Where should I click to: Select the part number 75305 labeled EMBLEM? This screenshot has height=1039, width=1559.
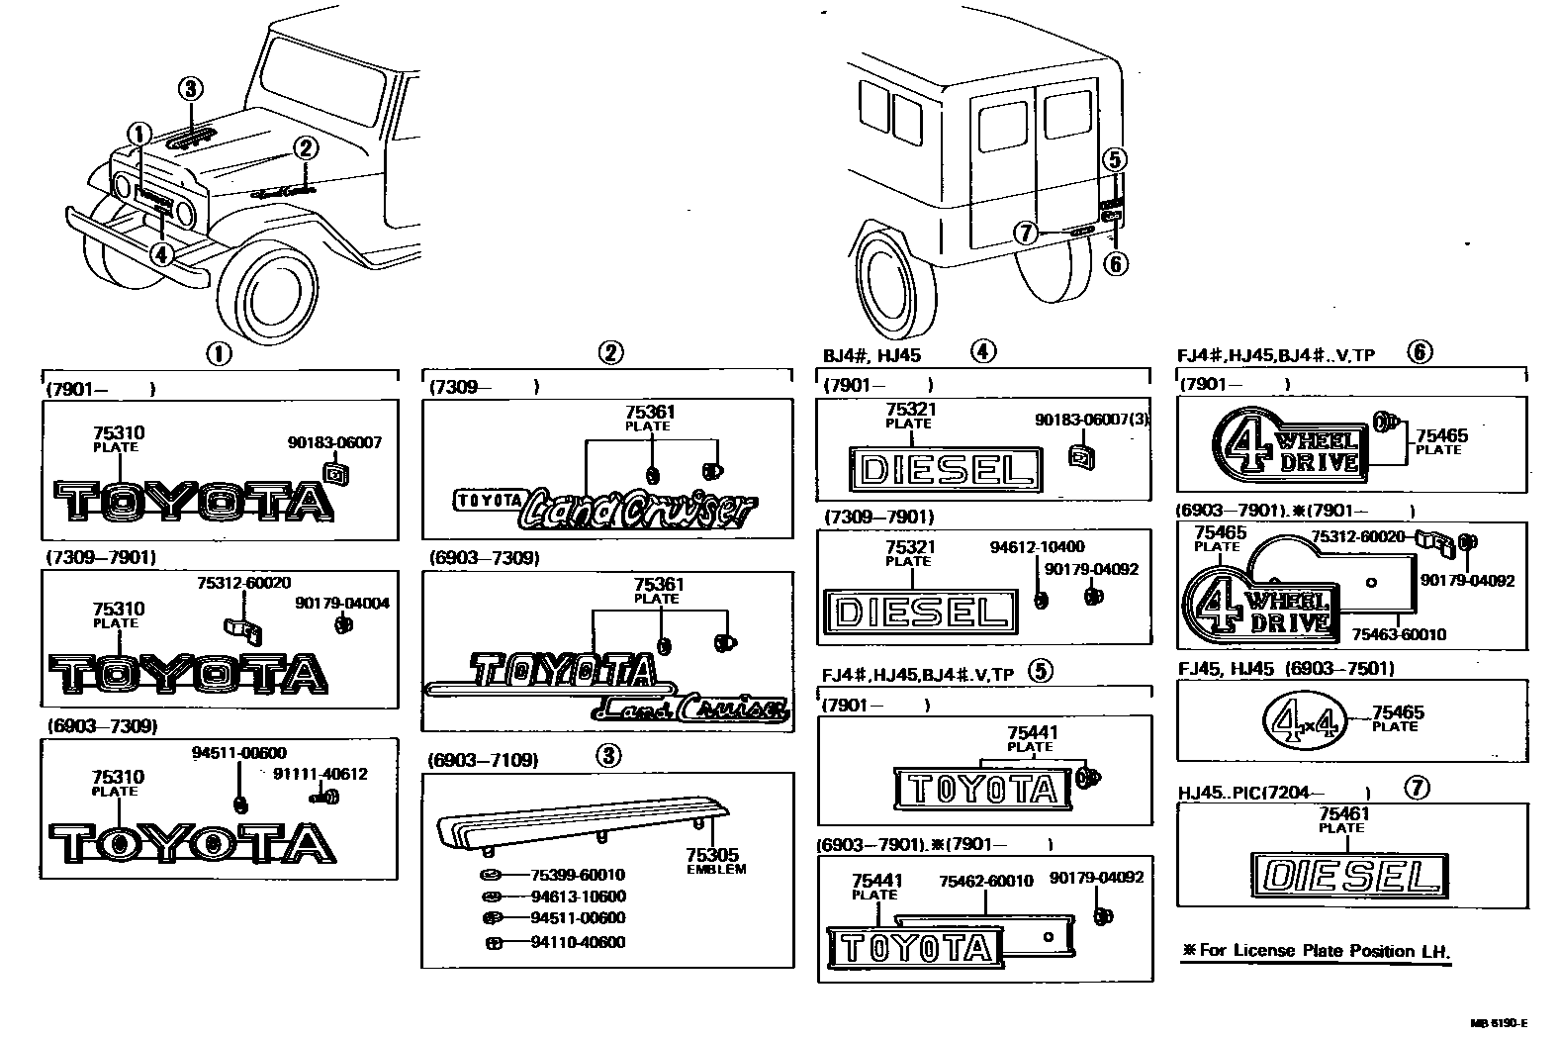pyautogui.click(x=711, y=855)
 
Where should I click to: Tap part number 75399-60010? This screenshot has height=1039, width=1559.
pyautogui.click(x=578, y=875)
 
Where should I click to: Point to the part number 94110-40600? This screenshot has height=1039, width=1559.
pyautogui.click(x=578, y=943)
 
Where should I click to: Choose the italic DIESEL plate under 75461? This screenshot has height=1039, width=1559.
pyautogui.click(x=1349, y=876)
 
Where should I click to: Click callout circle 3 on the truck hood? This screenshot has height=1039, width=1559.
pyautogui.click(x=191, y=89)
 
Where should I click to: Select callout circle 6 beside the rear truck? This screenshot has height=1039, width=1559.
pyautogui.click(x=1114, y=263)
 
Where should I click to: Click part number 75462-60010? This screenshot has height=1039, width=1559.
pyautogui.click(x=985, y=881)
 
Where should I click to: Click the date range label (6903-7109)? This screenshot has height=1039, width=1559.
pyautogui.click(x=484, y=760)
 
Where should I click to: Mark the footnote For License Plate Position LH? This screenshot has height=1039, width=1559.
pyautogui.click(x=1316, y=951)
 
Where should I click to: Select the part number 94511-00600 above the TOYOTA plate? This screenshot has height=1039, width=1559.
pyautogui.click(x=238, y=753)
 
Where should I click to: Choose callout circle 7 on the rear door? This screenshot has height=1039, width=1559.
pyautogui.click(x=1027, y=233)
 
